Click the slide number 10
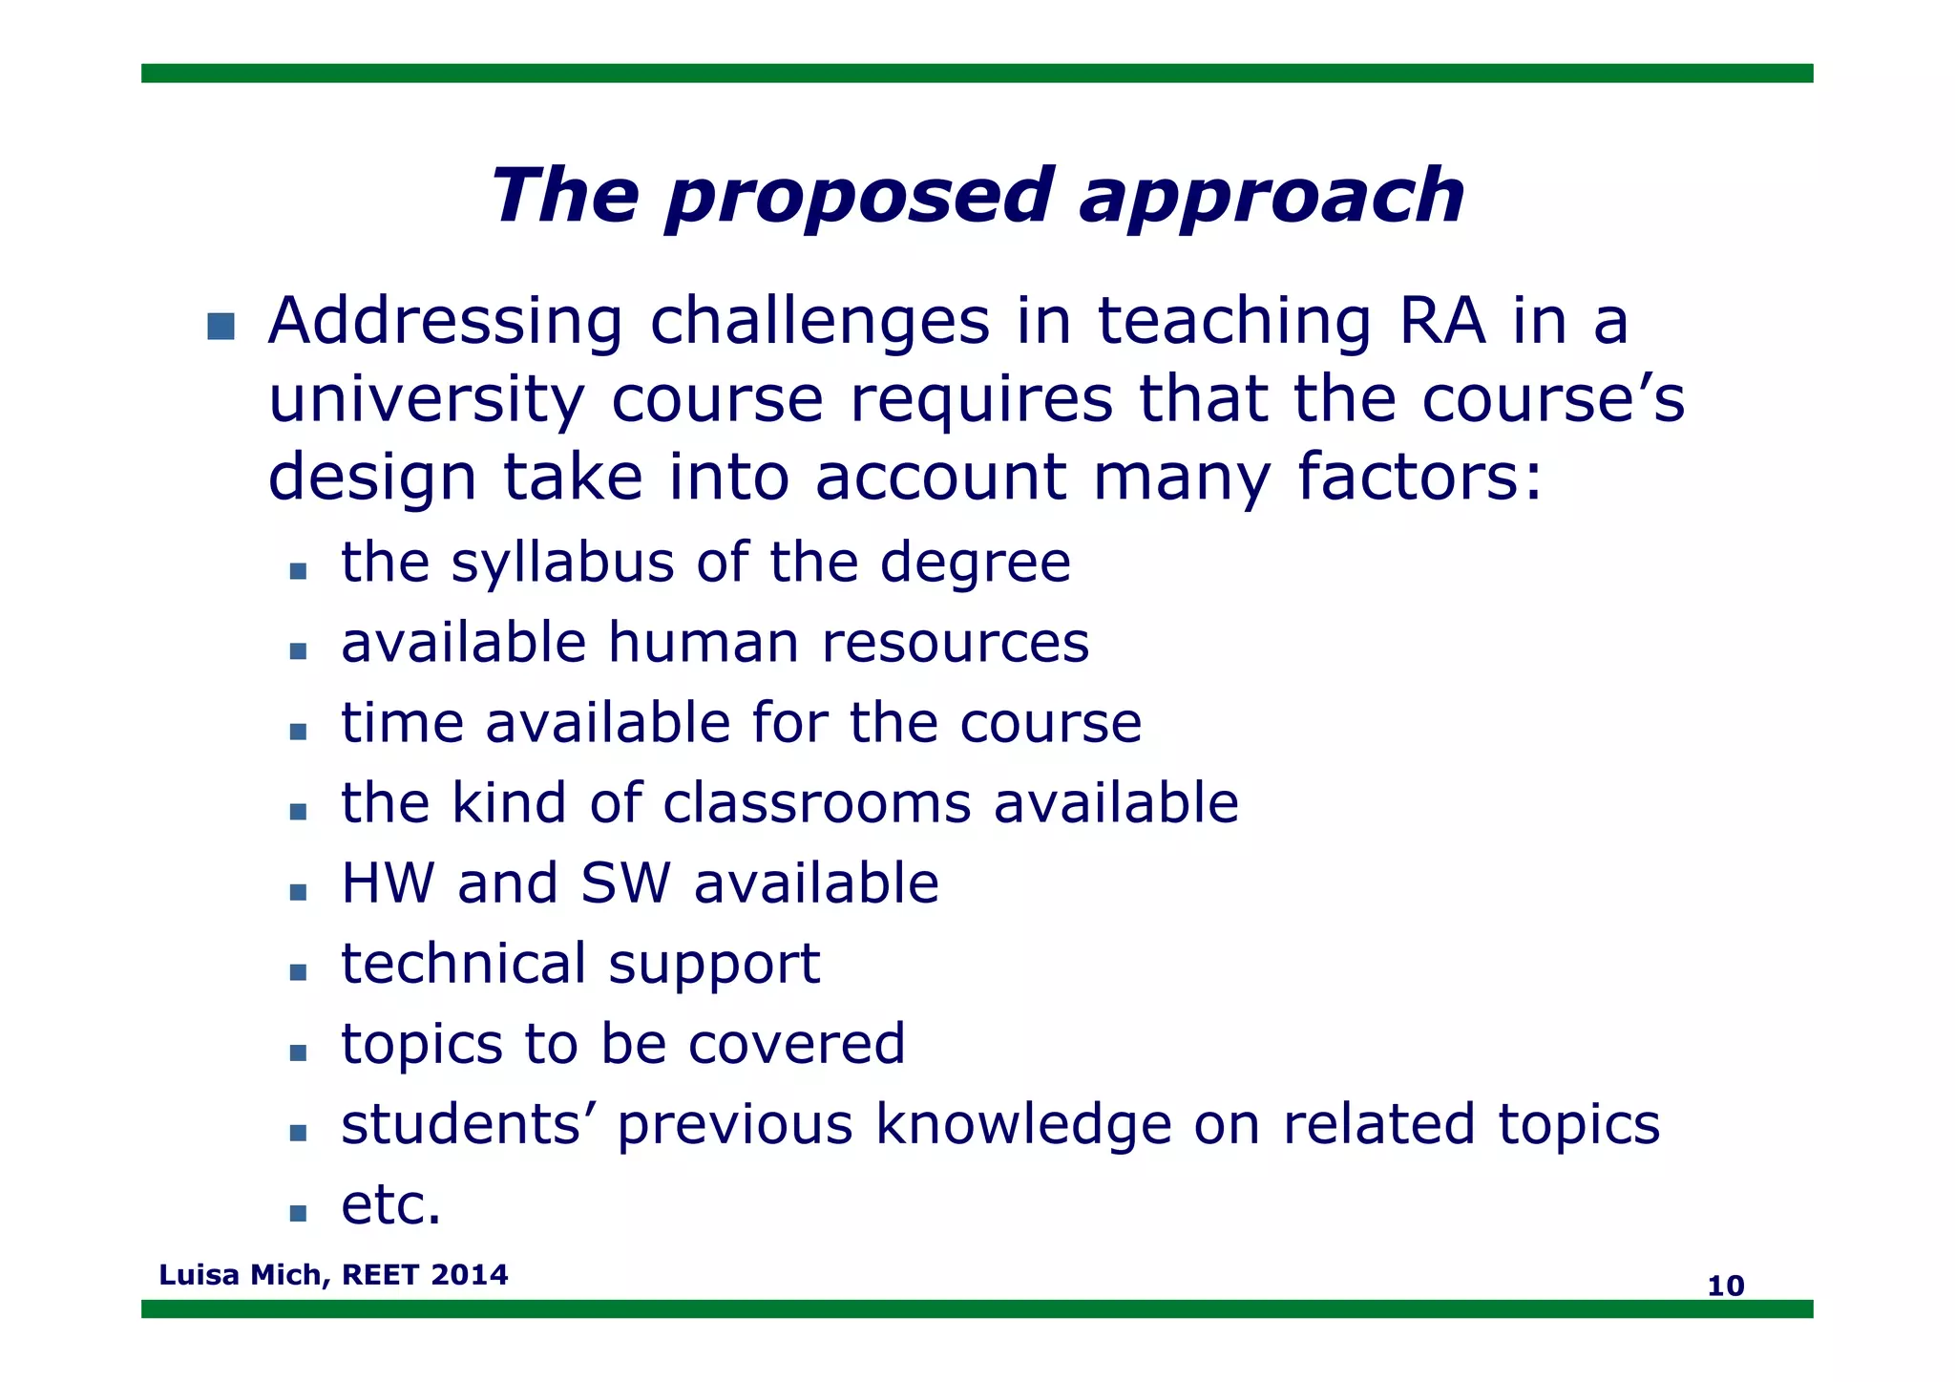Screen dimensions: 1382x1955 (x=1725, y=1286)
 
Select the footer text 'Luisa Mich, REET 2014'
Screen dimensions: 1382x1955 (x=333, y=1274)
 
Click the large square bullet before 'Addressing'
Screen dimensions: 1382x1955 (x=221, y=326)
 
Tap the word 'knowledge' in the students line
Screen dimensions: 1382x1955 (x=1023, y=1124)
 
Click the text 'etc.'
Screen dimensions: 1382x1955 (x=391, y=1204)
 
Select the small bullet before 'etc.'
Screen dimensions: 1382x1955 (x=298, y=1213)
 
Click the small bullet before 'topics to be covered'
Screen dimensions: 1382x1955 (x=298, y=1052)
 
